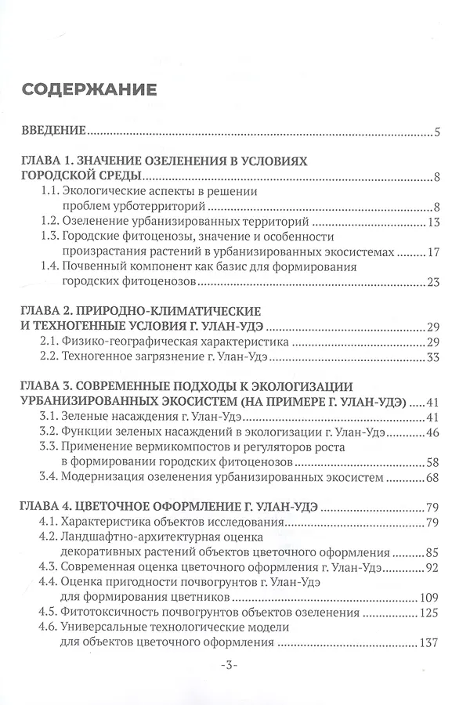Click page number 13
(436, 222)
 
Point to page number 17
(436, 252)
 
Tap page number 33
(436, 358)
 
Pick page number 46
(435, 432)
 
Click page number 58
(435, 462)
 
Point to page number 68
(435, 477)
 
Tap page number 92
(435, 567)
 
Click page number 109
(432, 598)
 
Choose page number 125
(432, 613)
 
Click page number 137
(432, 642)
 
